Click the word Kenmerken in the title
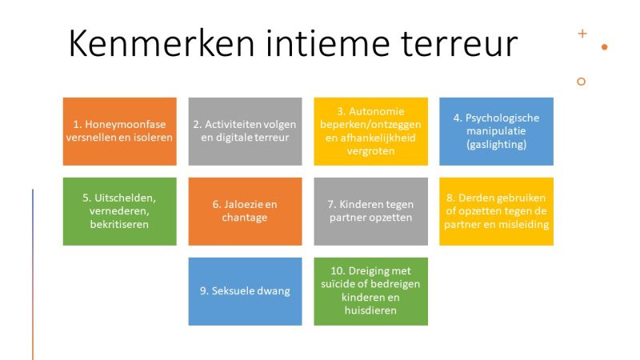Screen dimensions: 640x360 [162, 43]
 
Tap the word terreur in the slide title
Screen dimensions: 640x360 [459, 44]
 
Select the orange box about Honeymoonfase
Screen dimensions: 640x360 [119, 131]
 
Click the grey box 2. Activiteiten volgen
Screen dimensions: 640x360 [245, 131]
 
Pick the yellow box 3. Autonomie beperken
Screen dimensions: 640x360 [370, 131]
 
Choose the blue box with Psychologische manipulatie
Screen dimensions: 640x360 [496, 131]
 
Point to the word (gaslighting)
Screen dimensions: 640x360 [496, 144]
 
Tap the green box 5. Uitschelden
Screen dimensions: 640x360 [119, 211]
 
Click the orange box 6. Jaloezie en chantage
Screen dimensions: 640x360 [245, 211]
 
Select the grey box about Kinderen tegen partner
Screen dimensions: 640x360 [370, 211]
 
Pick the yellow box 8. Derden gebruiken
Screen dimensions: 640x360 [496, 211]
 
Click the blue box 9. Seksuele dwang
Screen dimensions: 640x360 [245, 291]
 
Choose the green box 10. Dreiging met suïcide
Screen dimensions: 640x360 [370, 291]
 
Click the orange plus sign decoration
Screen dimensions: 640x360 [582, 34]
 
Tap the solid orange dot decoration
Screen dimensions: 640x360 [605, 47]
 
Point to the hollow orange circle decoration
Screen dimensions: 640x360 [582, 82]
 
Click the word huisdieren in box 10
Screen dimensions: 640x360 [370, 310]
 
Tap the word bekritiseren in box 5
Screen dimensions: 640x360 [119, 224]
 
